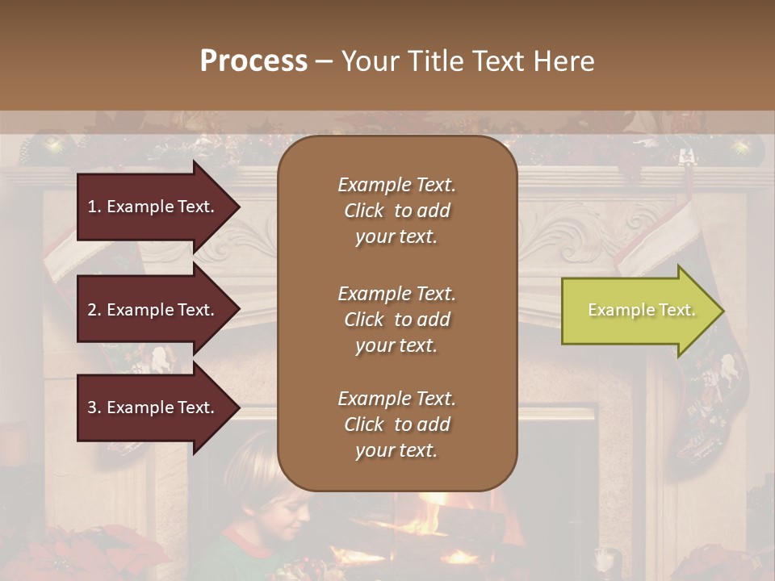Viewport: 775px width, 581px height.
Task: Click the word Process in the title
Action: (253, 61)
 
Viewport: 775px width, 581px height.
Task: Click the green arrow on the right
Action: (638, 311)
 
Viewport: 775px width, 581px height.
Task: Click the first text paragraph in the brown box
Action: (396, 211)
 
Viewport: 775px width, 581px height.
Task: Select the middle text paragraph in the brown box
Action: (396, 320)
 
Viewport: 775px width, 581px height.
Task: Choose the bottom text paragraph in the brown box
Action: (396, 424)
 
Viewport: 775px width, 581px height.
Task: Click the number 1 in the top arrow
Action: (92, 207)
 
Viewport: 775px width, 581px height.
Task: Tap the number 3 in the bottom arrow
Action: (92, 408)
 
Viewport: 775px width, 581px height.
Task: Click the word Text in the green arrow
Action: (678, 310)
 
